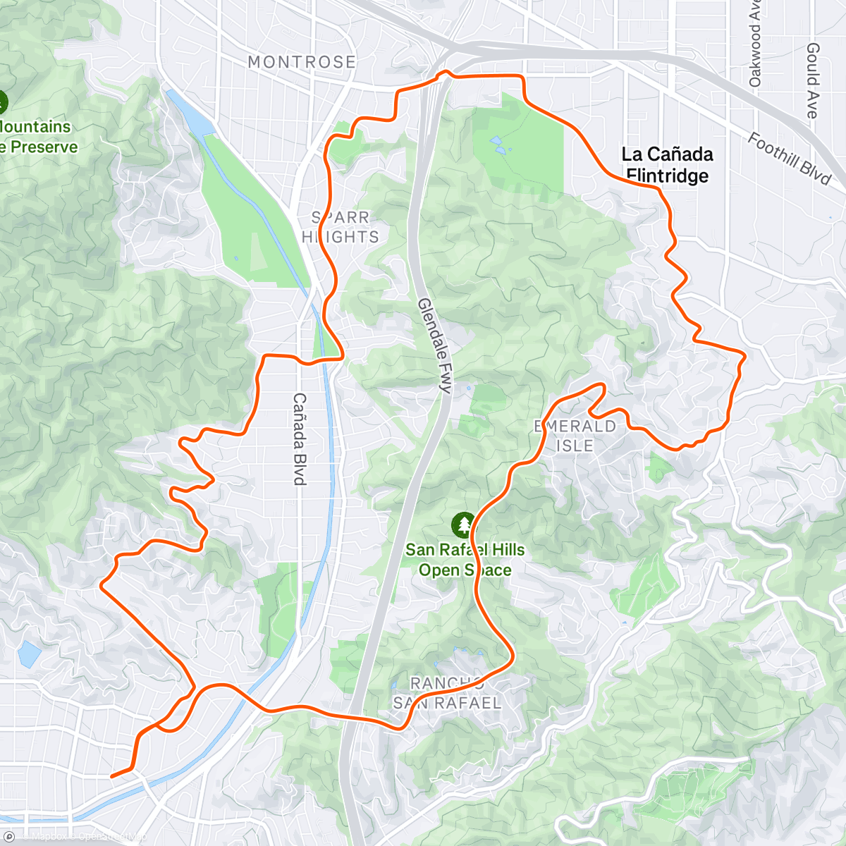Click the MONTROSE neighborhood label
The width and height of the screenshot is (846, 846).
[x=302, y=62]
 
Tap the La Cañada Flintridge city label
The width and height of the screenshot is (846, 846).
[x=667, y=164]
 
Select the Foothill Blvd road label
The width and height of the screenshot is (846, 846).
[x=789, y=159]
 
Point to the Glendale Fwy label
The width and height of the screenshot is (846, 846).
[x=434, y=345]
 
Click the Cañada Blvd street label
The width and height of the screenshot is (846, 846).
[x=300, y=439]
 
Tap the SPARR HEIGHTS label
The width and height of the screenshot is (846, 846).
[x=341, y=227]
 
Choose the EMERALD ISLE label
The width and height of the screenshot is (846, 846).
[x=575, y=436]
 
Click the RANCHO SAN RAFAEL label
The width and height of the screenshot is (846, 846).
[x=447, y=693]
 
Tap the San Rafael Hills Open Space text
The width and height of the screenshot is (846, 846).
[x=465, y=560]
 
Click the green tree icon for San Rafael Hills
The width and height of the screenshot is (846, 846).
[x=463, y=525]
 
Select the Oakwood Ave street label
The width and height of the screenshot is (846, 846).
[x=755, y=47]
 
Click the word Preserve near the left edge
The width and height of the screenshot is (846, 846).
[x=44, y=147]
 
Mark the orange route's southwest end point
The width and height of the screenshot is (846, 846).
[x=112, y=776]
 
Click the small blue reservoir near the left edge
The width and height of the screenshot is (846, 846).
[x=29, y=654]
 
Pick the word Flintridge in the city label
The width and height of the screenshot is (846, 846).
[x=667, y=176]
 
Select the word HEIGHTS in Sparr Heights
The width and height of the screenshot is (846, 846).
[x=341, y=237]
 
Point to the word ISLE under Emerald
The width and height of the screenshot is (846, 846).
[x=575, y=446]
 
